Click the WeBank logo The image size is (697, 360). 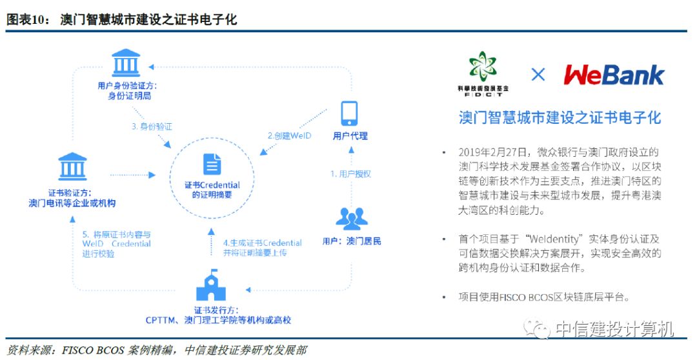(x=614, y=74)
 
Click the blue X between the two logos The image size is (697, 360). (x=538, y=74)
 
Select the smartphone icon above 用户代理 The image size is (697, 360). (x=349, y=112)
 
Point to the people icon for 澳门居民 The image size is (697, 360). (x=352, y=219)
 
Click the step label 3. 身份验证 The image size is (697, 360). (x=152, y=126)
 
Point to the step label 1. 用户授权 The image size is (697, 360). (x=350, y=174)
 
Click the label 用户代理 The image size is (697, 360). (x=350, y=135)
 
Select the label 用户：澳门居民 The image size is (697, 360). (x=352, y=241)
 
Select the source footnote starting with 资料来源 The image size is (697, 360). (x=156, y=350)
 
